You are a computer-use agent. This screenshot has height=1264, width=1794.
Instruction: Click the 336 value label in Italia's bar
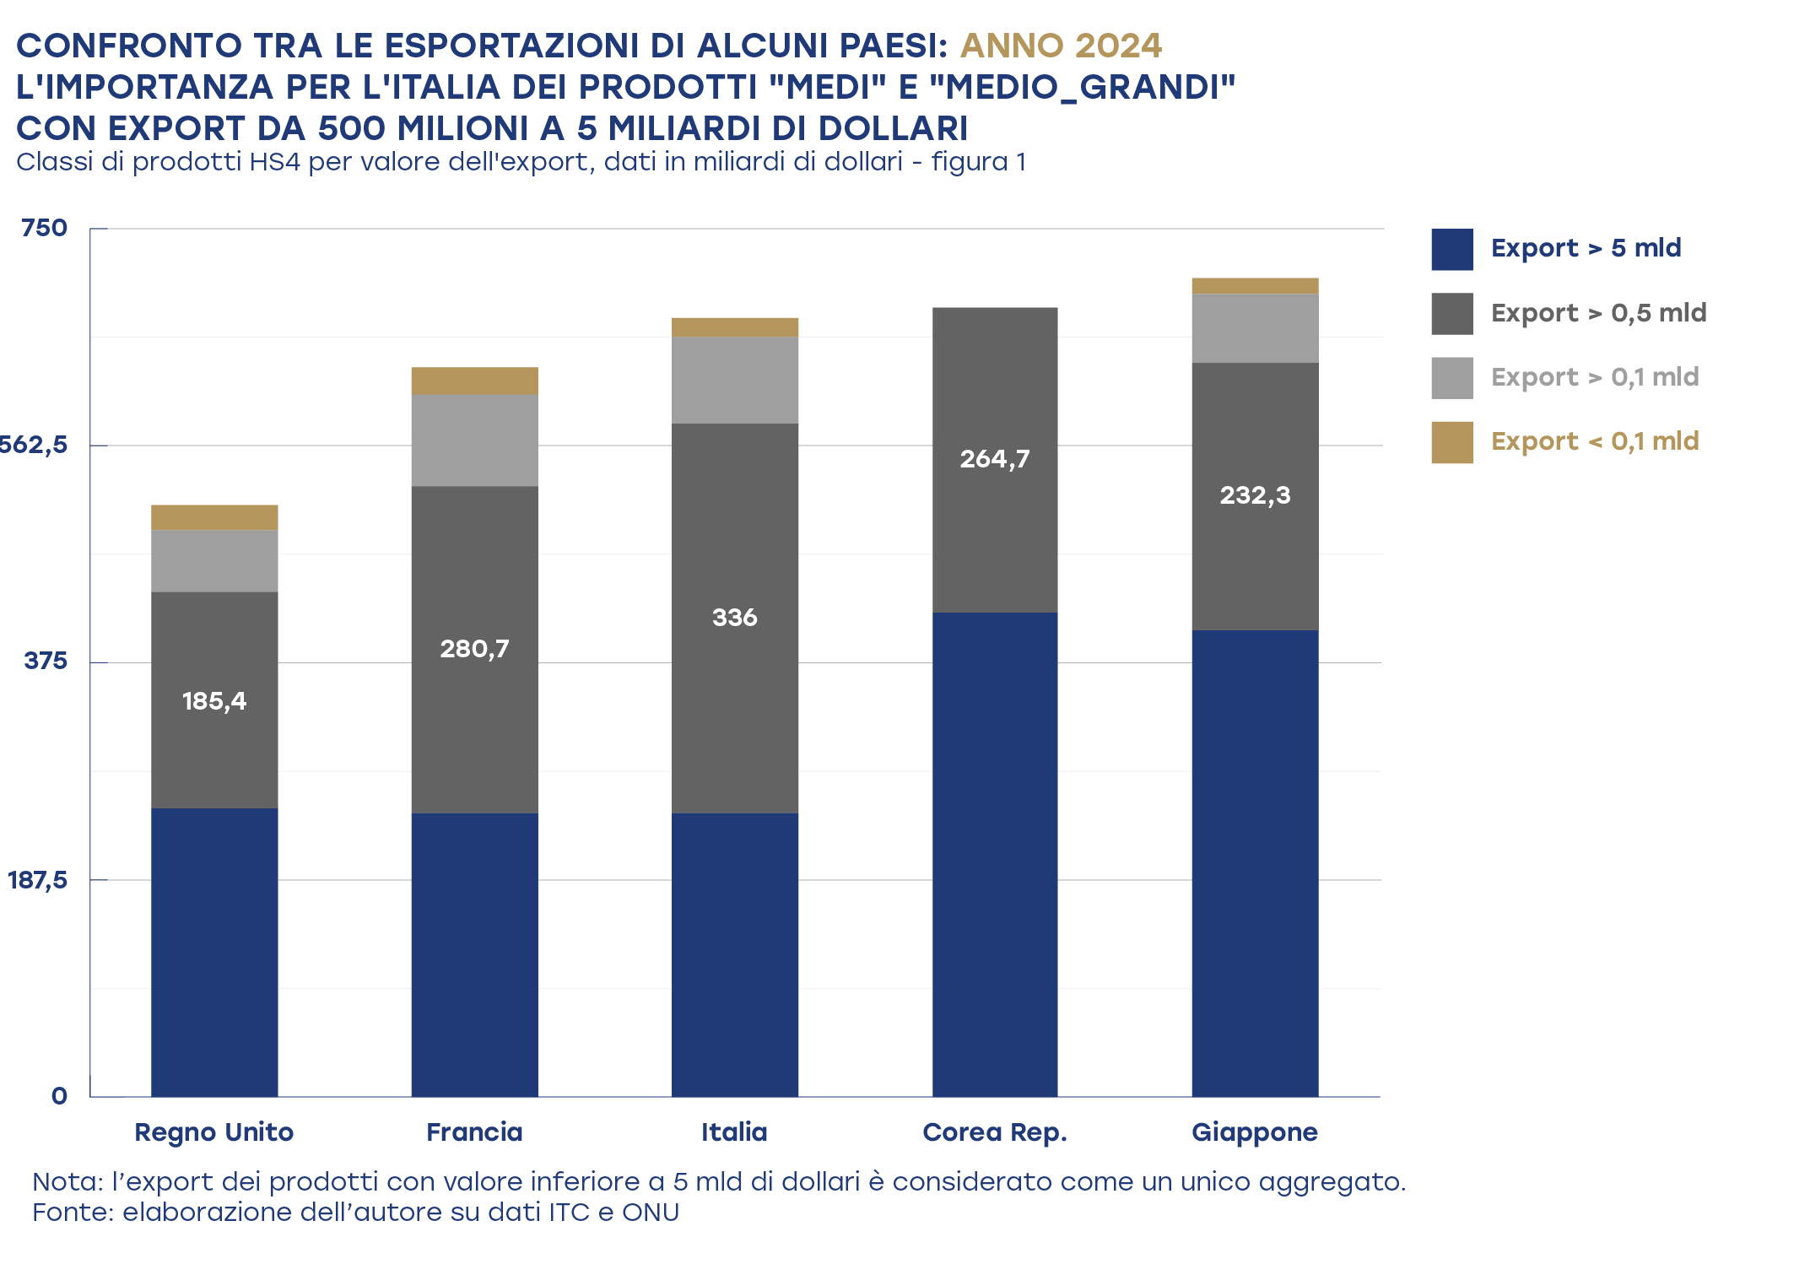tap(734, 618)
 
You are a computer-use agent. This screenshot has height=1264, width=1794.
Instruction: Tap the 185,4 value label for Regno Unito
tap(214, 701)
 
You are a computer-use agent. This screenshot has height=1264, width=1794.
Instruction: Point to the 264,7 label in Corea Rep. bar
tap(995, 459)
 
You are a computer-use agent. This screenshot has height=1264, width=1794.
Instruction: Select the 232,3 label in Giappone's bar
tap(1255, 495)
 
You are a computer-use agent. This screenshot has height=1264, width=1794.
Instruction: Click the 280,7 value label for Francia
tap(474, 649)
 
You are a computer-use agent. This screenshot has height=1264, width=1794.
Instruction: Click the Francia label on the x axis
tap(474, 1132)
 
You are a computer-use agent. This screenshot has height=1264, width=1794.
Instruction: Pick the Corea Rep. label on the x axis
tap(995, 1132)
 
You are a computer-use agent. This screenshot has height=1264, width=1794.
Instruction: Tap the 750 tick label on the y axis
tap(44, 228)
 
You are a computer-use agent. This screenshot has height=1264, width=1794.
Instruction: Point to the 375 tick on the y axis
tap(46, 661)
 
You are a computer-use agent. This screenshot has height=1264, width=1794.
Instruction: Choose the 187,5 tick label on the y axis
tap(37, 881)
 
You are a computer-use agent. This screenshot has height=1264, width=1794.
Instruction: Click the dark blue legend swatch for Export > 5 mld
tap(1452, 250)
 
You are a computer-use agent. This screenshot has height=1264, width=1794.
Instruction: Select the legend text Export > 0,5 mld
tap(1598, 313)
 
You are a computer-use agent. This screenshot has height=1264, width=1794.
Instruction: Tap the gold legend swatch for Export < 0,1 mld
tap(1452, 443)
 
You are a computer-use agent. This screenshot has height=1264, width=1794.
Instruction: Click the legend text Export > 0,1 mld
tap(1595, 377)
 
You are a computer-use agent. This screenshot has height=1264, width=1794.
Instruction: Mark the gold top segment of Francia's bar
tap(474, 381)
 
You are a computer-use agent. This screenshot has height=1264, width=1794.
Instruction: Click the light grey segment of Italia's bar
tap(734, 381)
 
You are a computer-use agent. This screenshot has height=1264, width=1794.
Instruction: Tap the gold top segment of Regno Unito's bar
tap(214, 517)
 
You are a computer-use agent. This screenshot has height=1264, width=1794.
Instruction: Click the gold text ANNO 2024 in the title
tap(1061, 46)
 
